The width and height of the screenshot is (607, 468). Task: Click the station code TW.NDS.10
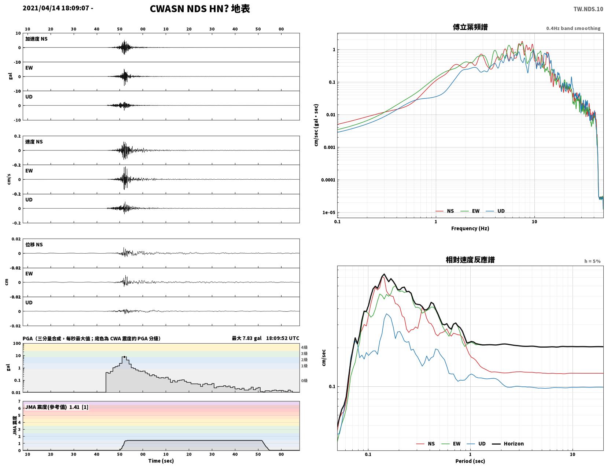click(x=588, y=9)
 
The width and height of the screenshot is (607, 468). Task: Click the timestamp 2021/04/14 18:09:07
click(x=56, y=8)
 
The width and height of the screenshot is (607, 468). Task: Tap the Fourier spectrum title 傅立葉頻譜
click(x=470, y=27)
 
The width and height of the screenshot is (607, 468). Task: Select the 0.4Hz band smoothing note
click(x=573, y=28)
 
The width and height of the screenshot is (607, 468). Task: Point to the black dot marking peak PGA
click(x=124, y=357)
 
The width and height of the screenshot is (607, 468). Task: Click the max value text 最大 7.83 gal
click(x=247, y=338)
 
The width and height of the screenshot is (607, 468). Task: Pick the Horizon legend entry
click(x=508, y=443)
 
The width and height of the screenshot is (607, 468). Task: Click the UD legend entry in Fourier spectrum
click(x=495, y=211)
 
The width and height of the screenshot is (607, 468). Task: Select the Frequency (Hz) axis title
click(x=470, y=228)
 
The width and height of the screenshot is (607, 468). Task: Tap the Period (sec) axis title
click(x=470, y=461)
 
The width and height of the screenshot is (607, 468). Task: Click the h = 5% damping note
click(x=592, y=261)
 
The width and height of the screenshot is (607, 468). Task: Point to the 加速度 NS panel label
click(x=36, y=39)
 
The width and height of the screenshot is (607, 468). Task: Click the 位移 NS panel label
click(x=34, y=244)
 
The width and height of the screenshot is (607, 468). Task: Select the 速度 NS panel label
click(x=34, y=142)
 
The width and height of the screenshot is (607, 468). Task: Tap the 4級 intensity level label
click(x=304, y=347)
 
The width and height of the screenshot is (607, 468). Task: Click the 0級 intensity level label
click(x=304, y=381)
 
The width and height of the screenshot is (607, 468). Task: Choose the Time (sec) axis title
click(x=161, y=461)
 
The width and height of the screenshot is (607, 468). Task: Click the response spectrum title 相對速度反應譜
click(x=470, y=260)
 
